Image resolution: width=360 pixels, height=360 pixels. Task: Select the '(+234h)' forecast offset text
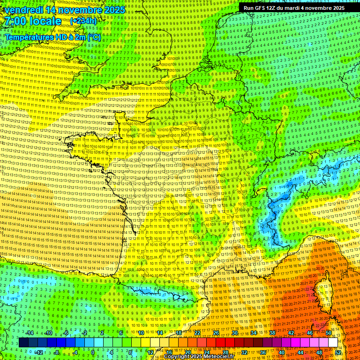83,21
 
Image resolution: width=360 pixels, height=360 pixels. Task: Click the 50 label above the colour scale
328,333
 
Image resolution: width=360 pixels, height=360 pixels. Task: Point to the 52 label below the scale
338,352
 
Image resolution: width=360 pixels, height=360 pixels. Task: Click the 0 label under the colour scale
93,352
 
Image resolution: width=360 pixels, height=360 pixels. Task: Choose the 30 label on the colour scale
235,333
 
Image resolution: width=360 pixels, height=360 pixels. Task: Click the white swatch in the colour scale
333,343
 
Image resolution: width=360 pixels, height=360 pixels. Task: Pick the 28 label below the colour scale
225,352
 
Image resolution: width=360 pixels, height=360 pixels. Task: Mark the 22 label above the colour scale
197,333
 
